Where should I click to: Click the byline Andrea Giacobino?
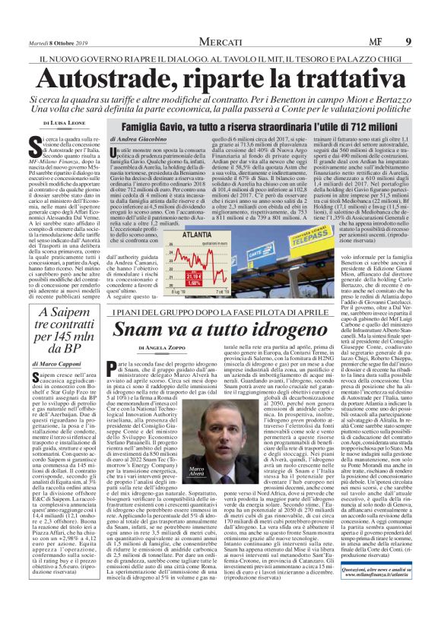coord(156,141)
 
